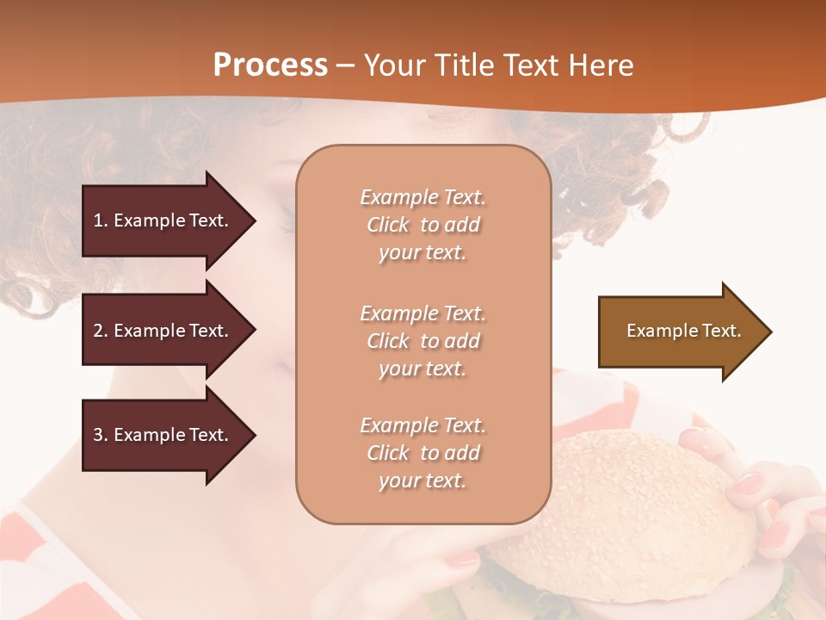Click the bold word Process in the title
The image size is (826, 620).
click(270, 65)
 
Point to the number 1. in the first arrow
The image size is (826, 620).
click(101, 220)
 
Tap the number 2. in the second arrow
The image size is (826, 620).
click(101, 331)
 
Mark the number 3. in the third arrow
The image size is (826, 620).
click(101, 435)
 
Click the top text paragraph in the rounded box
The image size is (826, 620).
click(422, 225)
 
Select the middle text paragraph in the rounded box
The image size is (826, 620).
click(422, 341)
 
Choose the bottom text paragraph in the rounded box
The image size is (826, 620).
click(422, 453)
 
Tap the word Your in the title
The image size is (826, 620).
click(392, 65)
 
